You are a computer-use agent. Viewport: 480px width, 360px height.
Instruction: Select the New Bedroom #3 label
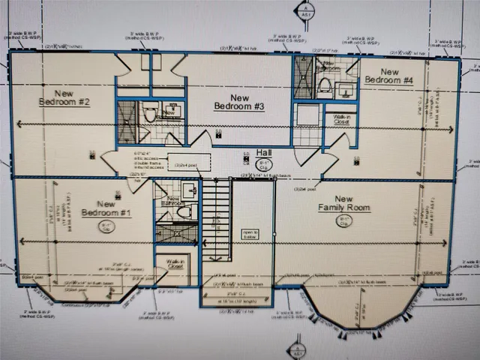coord(239,102)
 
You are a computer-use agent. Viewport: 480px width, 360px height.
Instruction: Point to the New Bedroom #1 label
coord(106,208)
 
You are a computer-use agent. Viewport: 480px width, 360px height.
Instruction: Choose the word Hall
coord(263,152)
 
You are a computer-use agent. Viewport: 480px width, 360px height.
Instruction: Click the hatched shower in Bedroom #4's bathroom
coord(304,76)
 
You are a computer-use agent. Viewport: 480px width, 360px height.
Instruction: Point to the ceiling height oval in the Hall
coord(264,164)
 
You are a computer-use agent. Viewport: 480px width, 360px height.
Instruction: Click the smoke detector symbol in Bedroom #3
coord(218,133)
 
